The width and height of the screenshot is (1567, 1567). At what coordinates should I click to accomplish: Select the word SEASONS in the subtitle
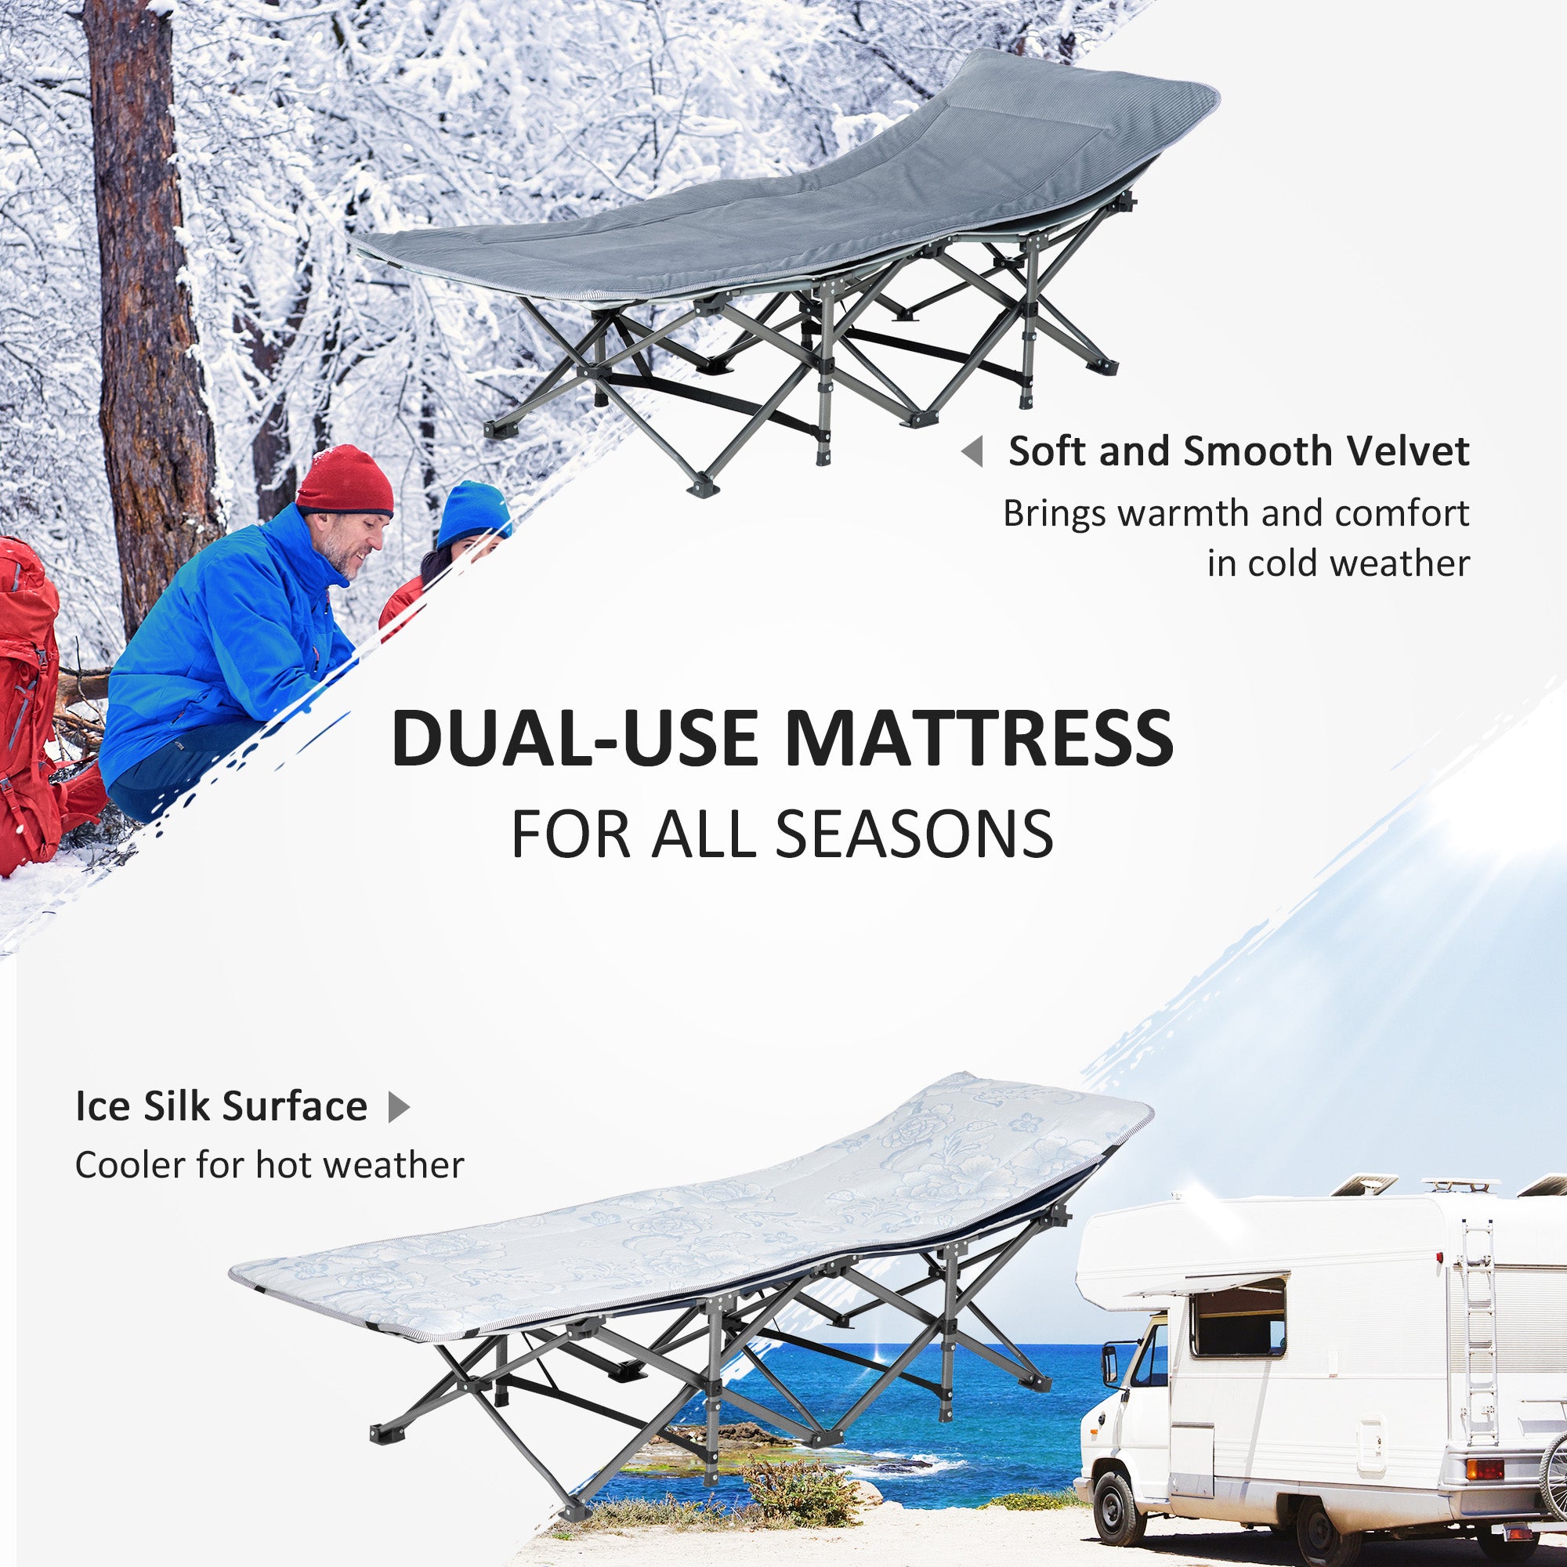tap(914, 834)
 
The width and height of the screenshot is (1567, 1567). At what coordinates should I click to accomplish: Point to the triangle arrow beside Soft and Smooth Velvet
tap(973, 451)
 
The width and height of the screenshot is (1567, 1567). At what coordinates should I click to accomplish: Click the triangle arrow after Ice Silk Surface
tap(398, 1106)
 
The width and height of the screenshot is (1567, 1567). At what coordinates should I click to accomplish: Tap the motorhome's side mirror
tap(1110, 1363)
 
